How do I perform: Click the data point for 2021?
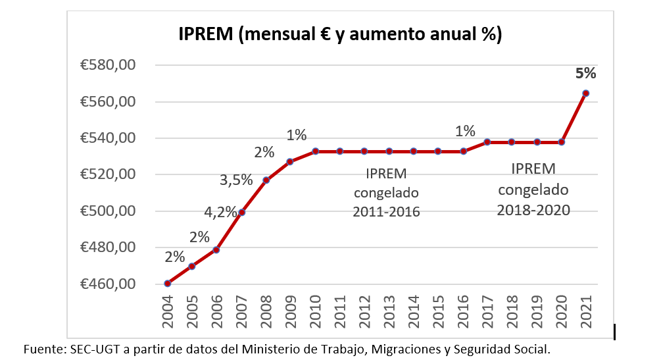tap(586, 93)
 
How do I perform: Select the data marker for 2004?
tap(168, 284)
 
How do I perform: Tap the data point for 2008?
tap(266, 180)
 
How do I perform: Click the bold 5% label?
tap(585, 73)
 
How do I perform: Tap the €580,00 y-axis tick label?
tap(108, 65)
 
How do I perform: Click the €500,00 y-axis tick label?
tap(108, 211)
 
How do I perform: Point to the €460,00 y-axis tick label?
tap(108, 284)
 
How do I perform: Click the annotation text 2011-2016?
tap(386, 212)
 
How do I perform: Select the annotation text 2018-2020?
tap(533, 210)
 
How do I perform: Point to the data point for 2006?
tap(216, 250)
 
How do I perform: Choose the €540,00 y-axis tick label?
tap(108, 138)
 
